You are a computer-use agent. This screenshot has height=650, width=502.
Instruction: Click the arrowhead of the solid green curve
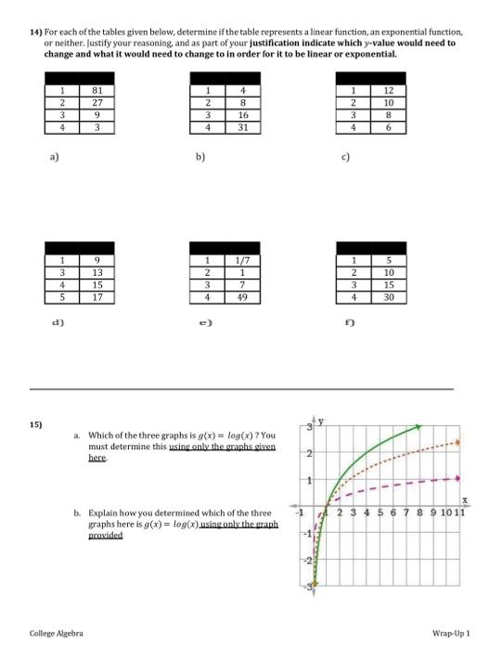coord(419,426)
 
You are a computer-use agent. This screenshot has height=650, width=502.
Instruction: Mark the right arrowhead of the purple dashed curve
coord(457,479)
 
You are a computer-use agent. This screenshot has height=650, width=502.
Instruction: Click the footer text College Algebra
coord(57,632)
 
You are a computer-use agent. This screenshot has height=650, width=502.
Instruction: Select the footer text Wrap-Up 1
coord(451,632)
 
